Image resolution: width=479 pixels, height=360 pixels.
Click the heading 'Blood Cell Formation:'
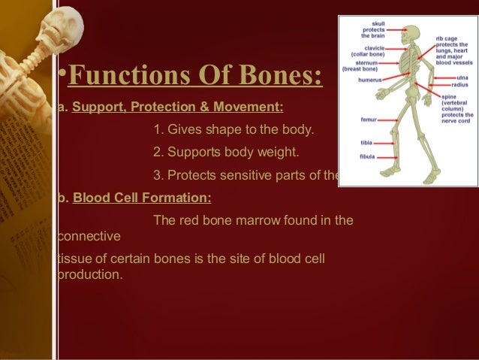point(142,198)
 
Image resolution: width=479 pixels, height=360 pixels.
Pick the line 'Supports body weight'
point(225,153)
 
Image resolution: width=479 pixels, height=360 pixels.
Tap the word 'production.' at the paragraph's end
point(89,274)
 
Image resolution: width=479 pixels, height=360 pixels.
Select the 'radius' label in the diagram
point(459,85)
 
